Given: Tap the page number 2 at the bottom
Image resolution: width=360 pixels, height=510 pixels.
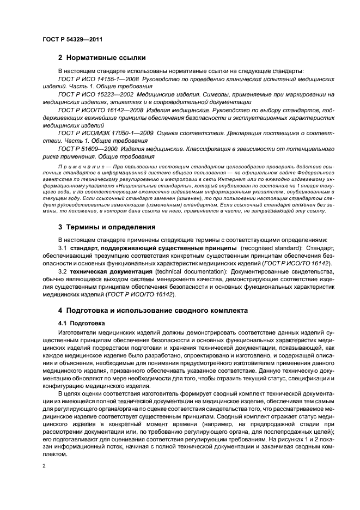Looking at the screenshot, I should pyautogui.click(x=45, y=467).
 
